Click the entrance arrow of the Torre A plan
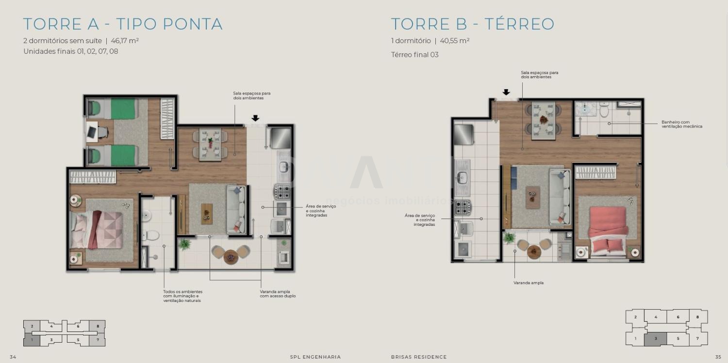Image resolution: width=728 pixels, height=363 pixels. pyautogui.click(x=255, y=118)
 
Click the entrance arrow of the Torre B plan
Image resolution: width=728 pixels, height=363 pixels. pyautogui.click(x=506, y=92)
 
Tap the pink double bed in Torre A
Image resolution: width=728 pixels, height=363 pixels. pyautogui.click(x=97, y=230)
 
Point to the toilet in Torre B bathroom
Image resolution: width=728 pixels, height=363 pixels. pyautogui.click(x=604, y=110)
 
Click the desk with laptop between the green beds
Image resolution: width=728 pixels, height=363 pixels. pyautogui.click(x=92, y=132)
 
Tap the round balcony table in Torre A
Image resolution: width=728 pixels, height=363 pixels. pyautogui.click(x=231, y=257)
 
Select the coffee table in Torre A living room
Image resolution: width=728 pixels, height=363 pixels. pyautogui.click(x=207, y=214)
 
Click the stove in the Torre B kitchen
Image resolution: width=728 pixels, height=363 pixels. pyautogui.click(x=463, y=207)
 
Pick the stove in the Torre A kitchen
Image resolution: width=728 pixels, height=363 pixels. pyautogui.click(x=282, y=191)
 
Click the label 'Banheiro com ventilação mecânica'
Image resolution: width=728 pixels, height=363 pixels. pyautogui.click(x=681, y=124)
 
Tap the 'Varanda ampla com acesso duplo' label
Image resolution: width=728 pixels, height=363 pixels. pyautogui.click(x=278, y=294)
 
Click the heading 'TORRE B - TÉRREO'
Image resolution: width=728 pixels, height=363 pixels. pyautogui.click(x=473, y=24)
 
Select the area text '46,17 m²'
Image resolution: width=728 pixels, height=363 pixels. pyautogui.click(x=125, y=41)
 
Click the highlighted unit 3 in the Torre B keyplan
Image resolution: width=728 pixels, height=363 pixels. pyautogui.click(x=656, y=339)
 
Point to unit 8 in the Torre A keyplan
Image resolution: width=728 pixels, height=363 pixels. pyautogui.click(x=98, y=326)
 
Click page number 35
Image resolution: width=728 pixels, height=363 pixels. pyautogui.click(x=718, y=357)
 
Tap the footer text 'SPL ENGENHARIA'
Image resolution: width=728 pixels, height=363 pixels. pyautogui.click(x=315, y=357)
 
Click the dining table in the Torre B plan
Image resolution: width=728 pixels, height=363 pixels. pyautogui.click(x=544, y=121)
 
